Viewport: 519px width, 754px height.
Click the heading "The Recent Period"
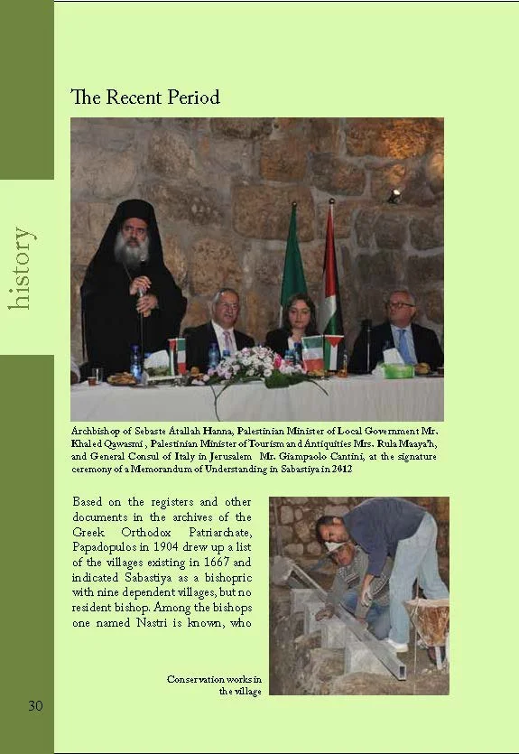(x=145, y=97)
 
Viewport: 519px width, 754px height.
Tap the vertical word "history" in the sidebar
(x=22, y=268)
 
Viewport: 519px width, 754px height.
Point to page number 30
(x=34, y=705)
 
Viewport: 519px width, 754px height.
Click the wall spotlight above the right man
(x=394, y=195)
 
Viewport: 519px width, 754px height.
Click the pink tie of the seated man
(x=228, y=341)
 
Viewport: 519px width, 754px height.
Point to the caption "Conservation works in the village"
(x=215, y=684)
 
